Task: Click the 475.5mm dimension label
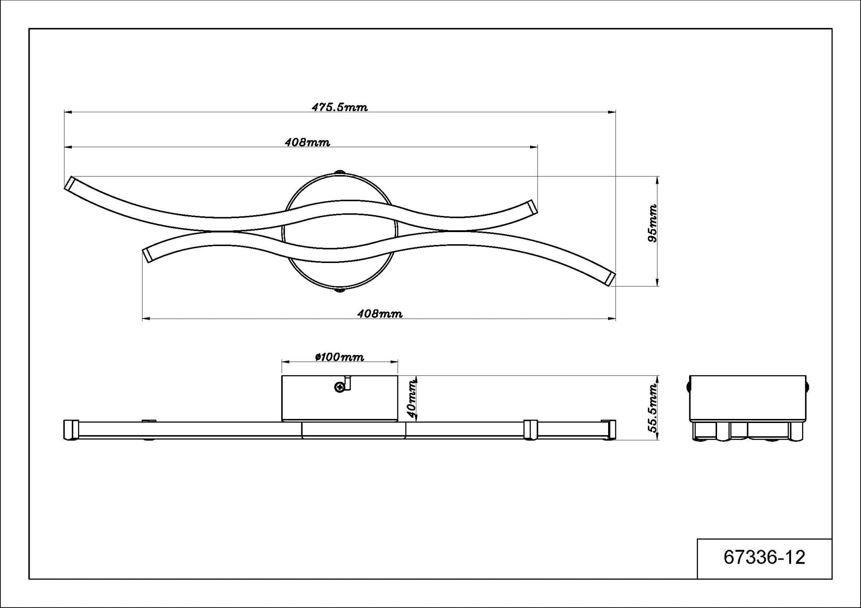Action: click(339, 107)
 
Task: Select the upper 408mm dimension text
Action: click(307, 142)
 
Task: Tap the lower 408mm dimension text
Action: click(379, 314)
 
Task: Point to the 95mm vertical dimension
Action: click(652, 223)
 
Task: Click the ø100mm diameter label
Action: click(339, 357)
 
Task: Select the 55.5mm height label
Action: click(653, 408)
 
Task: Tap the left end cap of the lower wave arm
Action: click(147, 254)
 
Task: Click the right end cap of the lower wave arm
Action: click(610, 278)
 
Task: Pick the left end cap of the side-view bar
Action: click(71, 430)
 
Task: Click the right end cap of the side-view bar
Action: click(609, 430)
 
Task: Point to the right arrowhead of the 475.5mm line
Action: click(612, 112)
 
